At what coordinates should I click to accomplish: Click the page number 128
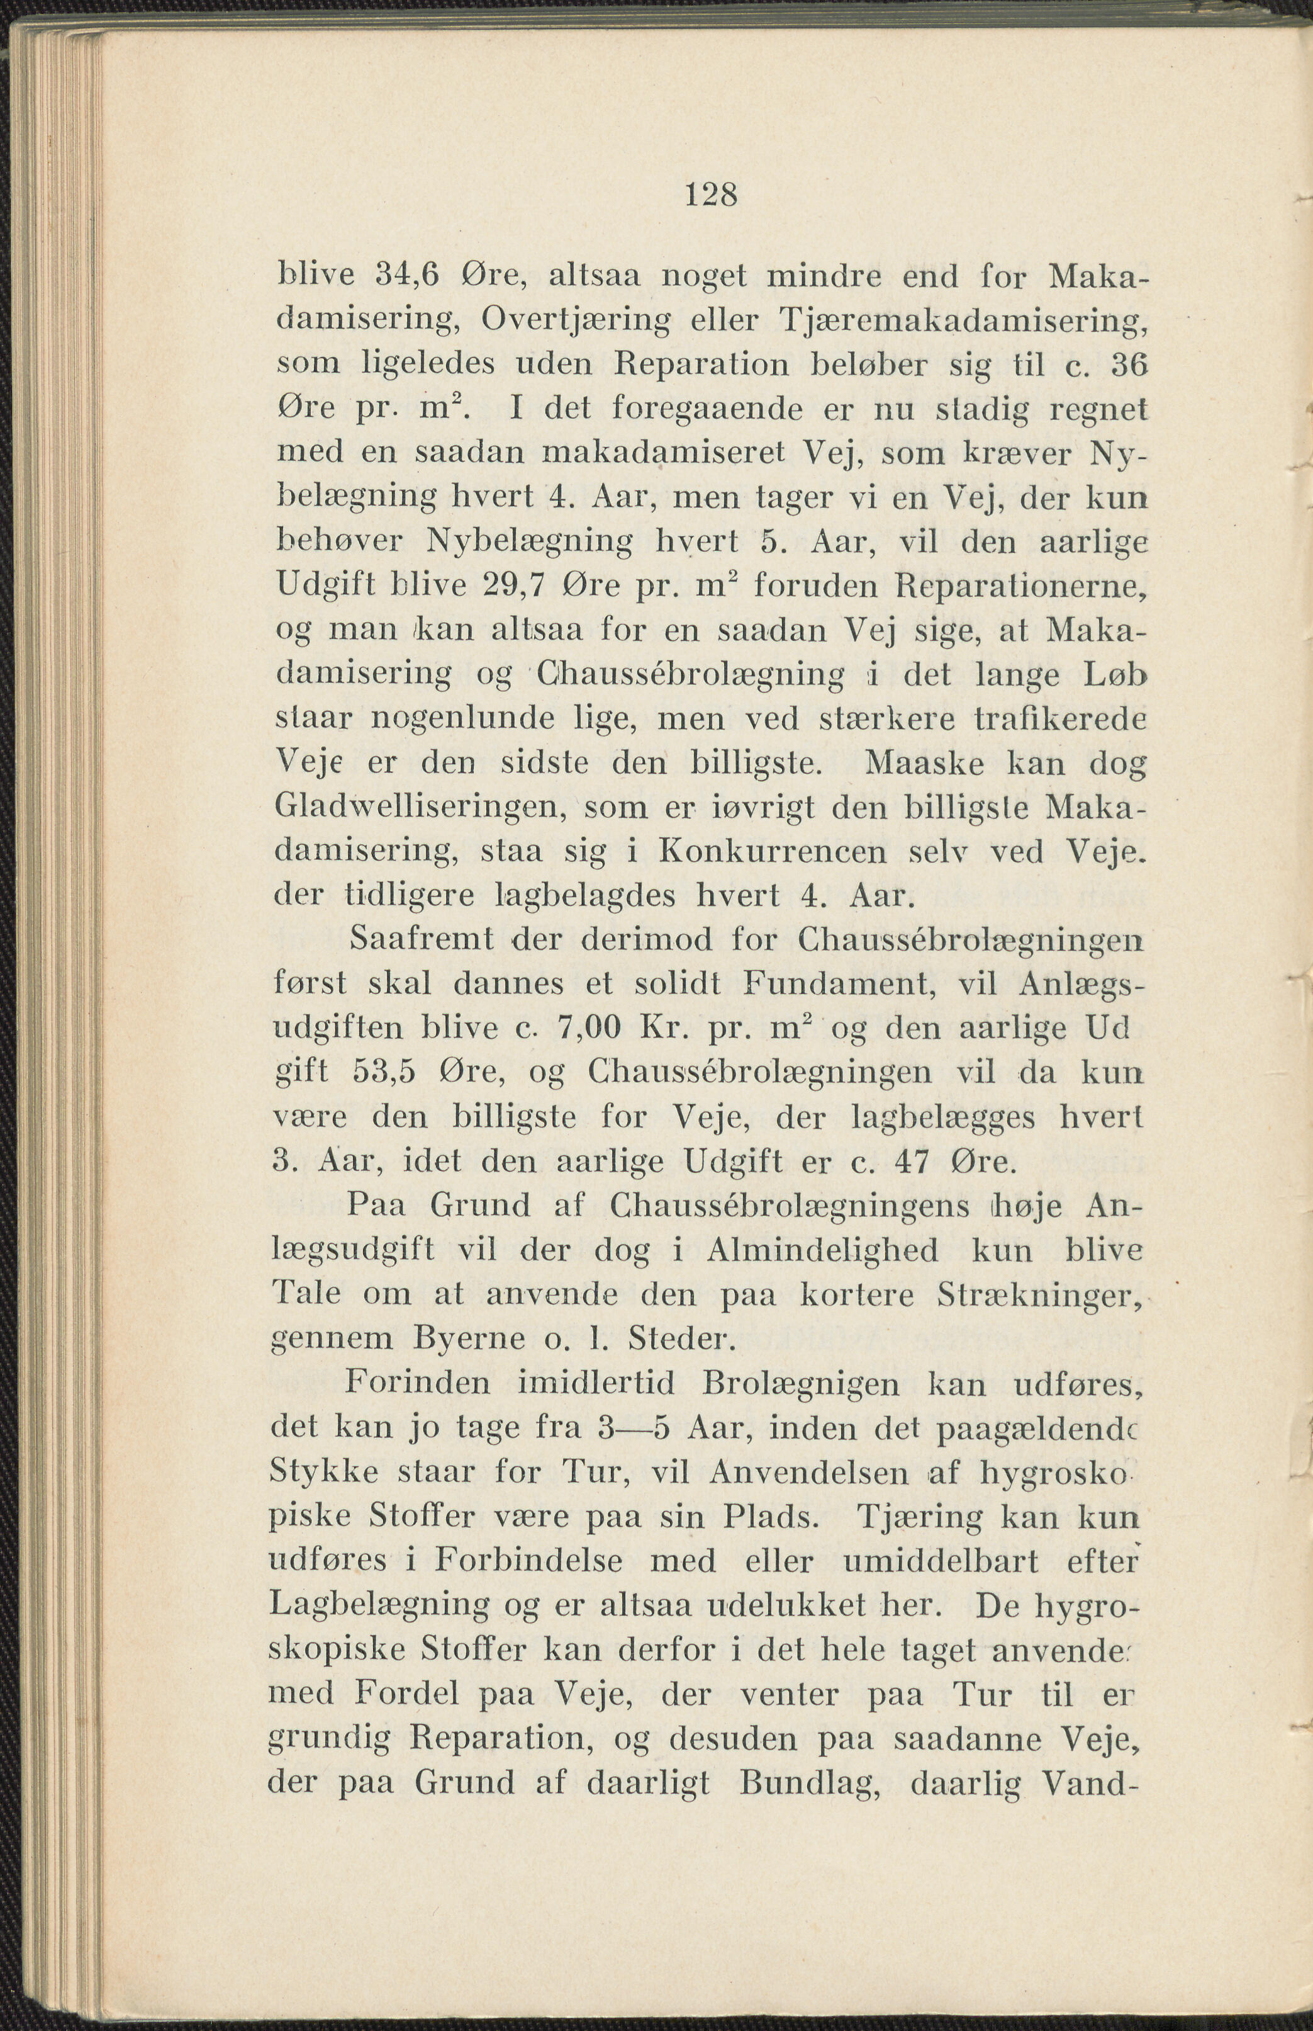point(710,195)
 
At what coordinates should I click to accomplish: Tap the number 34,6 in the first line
point(406,276)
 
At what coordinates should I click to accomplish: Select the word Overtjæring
point(576,320)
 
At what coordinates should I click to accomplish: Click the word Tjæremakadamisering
point(963,320)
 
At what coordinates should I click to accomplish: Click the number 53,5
point(384,1072)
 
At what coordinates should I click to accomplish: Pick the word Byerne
point(468,1338)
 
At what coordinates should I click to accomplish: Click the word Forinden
point(417,1383)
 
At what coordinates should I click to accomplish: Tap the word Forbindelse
point(528,1560)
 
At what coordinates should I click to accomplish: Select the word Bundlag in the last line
point(810,1783)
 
